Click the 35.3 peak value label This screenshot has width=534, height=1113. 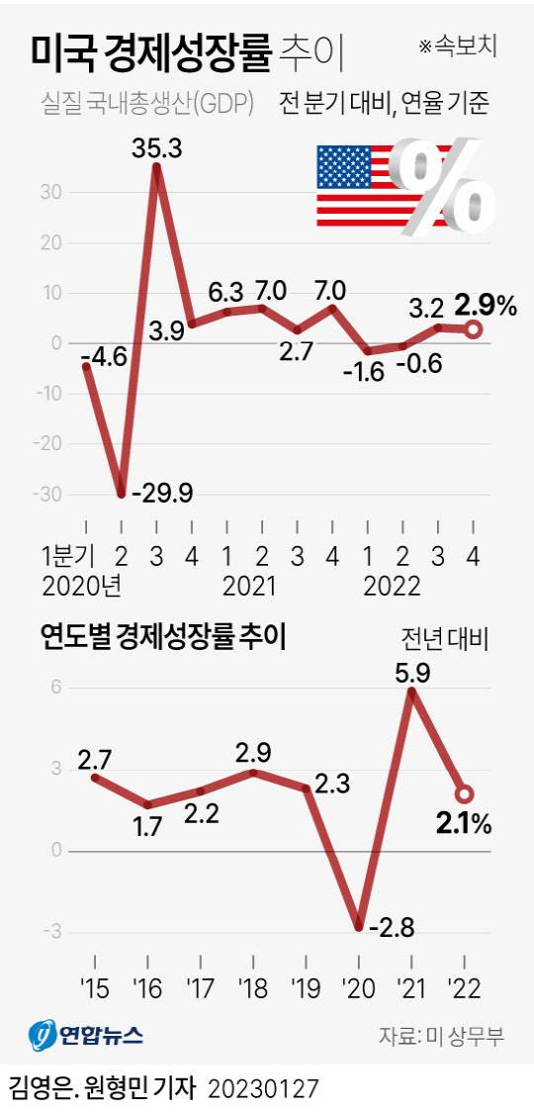tap(157, 150)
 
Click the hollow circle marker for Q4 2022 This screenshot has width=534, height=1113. tap(473, 329)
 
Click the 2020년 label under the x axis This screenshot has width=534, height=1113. tap(82, 586)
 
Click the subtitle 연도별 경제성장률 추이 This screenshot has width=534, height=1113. tap(163, 637)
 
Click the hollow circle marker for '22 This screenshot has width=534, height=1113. tap(465, 794)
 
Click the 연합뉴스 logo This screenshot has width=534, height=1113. tap(85, 1036)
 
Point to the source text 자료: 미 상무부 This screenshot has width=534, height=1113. tap(441, 1036)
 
